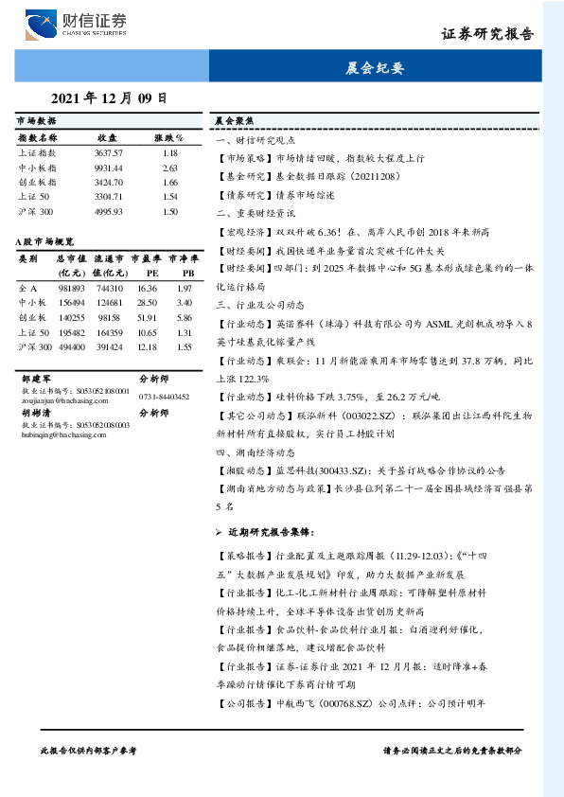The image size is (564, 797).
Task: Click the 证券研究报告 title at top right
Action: tap(487, 33)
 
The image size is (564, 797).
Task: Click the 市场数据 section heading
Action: tap(36, 122)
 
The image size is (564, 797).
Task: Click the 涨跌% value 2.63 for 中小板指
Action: tap(170, 167)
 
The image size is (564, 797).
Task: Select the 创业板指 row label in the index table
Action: tap(37, 181)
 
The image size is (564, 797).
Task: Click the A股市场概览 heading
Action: tap(44, 242)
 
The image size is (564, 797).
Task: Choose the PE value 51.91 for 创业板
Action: tap(147, 318)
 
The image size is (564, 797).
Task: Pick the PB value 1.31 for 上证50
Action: tap(185, 333)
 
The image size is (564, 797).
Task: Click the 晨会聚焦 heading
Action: tap(233, 122)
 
